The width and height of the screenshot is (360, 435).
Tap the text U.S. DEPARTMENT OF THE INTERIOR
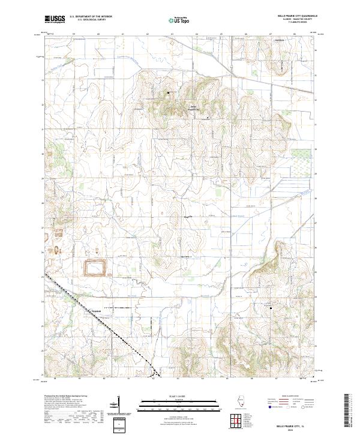(x=91, y=17)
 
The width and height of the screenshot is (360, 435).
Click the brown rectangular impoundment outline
(x=93, y=267)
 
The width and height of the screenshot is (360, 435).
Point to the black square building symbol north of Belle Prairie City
(x=168, y=93)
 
